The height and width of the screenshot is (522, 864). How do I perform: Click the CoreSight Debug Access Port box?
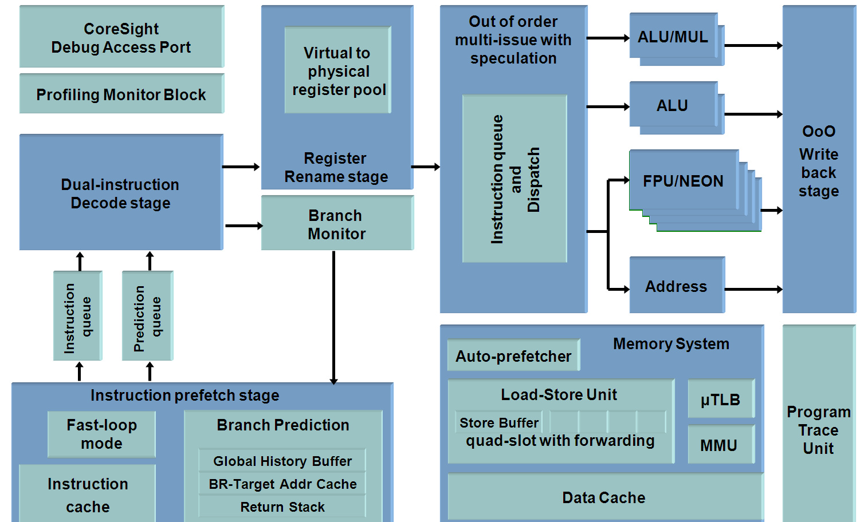[x=121, y=37]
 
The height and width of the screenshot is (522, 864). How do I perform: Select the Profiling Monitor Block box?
[x=121, y=94]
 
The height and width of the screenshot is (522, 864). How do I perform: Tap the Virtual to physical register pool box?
[x=337, y=70]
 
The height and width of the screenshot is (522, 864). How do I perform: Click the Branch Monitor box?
[x=336, y=224]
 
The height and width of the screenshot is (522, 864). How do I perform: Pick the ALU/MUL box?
[x=673, y=37]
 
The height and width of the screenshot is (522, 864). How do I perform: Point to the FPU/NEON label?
[x=683, y=181]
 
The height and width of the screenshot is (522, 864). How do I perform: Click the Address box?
[x=676, y=286]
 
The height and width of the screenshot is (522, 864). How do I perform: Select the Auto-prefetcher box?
[x=513, y=355]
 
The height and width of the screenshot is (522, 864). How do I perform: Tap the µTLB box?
[x=720, y=399]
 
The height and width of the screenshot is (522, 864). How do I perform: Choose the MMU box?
[x=720, y=445]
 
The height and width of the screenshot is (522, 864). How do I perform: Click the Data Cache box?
[x=604, y=497]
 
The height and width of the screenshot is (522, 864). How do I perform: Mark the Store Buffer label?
[x=498, y=422]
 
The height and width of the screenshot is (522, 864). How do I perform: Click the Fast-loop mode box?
[x=101, y=434]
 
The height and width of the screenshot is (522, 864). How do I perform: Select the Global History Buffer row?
[x=282, y=461]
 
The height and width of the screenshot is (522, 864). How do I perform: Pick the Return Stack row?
[x=282, y=507]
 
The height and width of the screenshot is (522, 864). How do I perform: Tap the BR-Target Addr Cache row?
[x=282, y=484]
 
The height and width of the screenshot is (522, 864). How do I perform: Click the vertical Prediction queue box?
[x=147, y=317]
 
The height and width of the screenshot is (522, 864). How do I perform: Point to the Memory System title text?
[x=671, y=343]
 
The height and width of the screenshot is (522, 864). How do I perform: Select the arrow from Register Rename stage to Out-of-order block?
[x=426, y=167]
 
